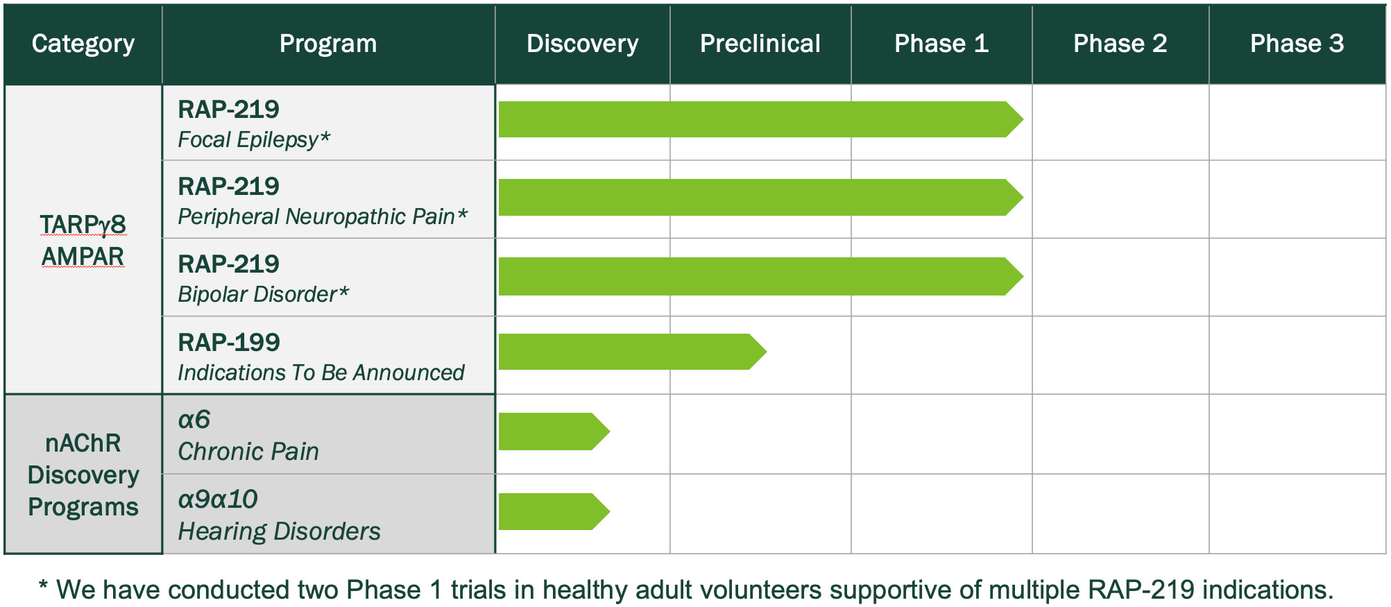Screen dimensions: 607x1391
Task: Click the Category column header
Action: coord(83,44)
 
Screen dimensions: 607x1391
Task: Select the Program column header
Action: coord(328,44)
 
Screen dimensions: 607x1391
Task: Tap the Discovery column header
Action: coord(582,44)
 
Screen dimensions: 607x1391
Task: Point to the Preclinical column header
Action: coord(760,44)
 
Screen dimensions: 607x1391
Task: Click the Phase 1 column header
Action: coord(941,44)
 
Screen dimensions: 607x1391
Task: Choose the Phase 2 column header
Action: coord(1120,44)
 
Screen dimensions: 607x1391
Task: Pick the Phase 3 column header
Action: coord(1297,44)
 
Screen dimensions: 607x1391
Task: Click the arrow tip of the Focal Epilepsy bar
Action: coord(1016,119)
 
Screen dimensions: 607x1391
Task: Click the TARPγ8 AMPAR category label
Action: coord(83,240)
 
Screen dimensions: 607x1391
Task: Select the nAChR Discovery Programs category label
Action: coord(83,475)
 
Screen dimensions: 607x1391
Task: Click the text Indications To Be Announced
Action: coord(321,373)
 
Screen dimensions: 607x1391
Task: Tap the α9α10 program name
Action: coord(218,499)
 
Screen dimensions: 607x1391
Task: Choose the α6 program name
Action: coord(194,420)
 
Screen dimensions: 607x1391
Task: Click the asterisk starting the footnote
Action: coord(43,588)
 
